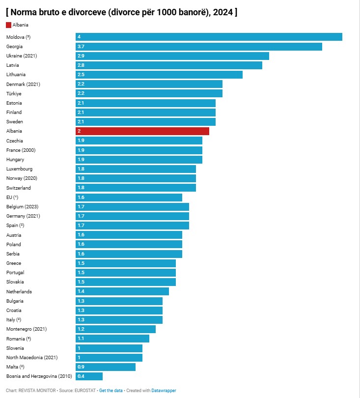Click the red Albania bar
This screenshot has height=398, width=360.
[142, 131]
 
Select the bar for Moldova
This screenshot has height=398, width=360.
[209, 37]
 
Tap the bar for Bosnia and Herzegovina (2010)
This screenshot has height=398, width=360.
[89, 376]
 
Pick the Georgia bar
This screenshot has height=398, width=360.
[199, 47]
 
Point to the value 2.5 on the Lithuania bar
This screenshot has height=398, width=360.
[81, 75]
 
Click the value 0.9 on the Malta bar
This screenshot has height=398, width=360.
[81, 367]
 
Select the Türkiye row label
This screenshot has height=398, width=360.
[14, 94]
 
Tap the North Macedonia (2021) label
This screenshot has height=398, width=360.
[32, 357]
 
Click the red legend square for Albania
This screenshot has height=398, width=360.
[9, 25]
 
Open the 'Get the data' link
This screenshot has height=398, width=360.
[111, 391]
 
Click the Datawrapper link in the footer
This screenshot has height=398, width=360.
[164, 391]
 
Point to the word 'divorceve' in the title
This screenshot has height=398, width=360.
[87, 12]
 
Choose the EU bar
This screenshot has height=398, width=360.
[129, 198]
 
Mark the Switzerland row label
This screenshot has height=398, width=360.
[19, 188]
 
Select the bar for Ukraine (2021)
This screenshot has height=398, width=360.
[172, 56]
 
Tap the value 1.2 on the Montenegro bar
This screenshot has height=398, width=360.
[81, 329]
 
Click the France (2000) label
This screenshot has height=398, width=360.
[21, 150]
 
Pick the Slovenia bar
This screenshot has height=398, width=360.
[109, 348]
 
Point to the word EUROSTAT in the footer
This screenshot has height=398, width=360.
[85, 391]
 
